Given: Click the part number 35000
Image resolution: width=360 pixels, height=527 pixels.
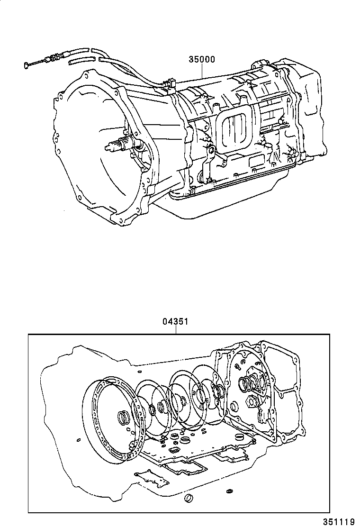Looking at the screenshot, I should [202, 59].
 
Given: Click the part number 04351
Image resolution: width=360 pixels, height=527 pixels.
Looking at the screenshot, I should [176, 321].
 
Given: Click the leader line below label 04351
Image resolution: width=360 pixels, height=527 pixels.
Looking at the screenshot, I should [176, 330].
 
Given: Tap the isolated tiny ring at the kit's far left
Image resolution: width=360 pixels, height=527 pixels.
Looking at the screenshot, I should [78, 440].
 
